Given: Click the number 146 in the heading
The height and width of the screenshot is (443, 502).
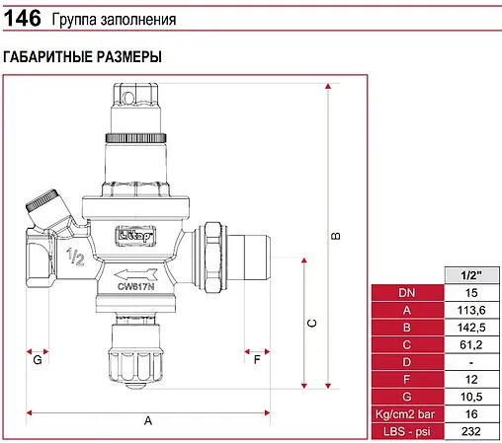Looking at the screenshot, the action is [22, 19].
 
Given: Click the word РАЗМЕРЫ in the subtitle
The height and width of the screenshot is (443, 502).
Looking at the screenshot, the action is [128, 57].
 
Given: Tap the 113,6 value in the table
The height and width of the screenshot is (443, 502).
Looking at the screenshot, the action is [471, 310].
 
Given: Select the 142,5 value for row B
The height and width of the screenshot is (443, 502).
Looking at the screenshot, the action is [471, 328].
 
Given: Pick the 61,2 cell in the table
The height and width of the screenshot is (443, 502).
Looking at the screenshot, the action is [471, 344].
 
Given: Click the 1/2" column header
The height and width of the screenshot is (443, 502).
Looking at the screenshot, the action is [471, 275].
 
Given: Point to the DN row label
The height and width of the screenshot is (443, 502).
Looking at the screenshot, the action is [407, 293].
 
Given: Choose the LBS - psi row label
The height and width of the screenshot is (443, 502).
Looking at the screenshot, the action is [407, 431].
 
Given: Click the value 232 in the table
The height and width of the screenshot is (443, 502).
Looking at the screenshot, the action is [471, 431].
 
